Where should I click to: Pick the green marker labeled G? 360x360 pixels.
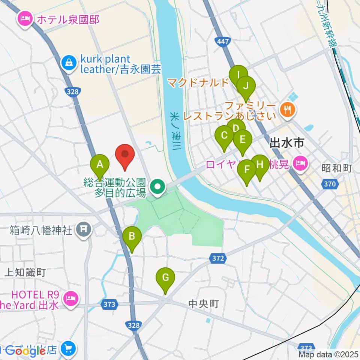click(x=165, y=279)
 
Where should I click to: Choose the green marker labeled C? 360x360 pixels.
click(x=224, y=136)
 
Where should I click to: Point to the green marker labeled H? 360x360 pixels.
click(x=260, y=165)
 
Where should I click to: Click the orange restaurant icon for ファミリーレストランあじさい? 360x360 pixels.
click(x=288, y=109)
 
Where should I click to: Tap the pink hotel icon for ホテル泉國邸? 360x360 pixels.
click(x=25, y=19)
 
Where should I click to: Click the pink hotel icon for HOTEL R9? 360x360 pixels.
click(x=70, y=299)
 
